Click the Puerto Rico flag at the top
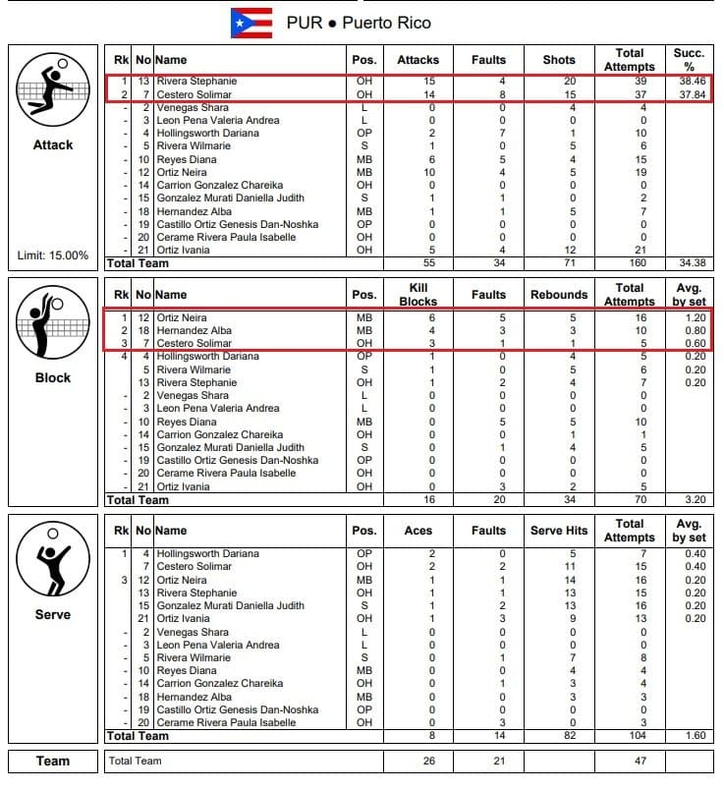[x=251, y=22]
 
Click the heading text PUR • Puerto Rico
[x=359, y=23]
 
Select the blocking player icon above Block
[x=53, y=323]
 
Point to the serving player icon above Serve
[x=53, y=559]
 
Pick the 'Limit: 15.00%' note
[x=53, y=255]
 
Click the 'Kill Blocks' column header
[x=418, y=295]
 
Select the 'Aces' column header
[x=418, y=531]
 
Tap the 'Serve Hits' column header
[x=559, y=531]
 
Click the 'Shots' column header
[x=559, y=60]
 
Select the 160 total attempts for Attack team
[x=630, y=263]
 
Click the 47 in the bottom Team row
[x=630, y=761]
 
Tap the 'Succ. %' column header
[x=688, y=59]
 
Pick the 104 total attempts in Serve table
[x=630, y=735]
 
